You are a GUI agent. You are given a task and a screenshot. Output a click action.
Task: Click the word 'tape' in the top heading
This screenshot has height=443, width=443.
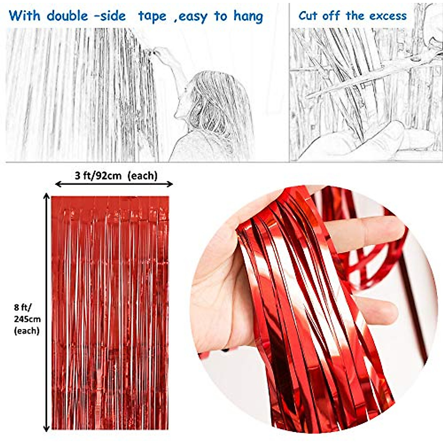pos(152,17)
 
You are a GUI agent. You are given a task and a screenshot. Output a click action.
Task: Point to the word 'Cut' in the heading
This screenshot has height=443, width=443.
pos(308,16)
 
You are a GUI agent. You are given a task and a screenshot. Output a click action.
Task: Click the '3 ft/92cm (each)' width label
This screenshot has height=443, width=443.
pos(116,175)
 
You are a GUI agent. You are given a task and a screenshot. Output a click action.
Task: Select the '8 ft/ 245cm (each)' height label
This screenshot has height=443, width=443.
pos(27,319)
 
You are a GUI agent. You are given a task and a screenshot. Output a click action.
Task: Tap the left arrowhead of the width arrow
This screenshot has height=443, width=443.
pos(58,184)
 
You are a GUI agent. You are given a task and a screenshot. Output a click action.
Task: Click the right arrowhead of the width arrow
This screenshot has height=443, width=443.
pos(170,184)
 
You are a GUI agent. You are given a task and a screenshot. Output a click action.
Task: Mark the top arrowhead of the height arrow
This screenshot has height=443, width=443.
pos(47,196)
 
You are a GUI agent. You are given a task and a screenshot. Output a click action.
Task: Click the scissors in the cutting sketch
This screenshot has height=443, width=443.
pos(369,74)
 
